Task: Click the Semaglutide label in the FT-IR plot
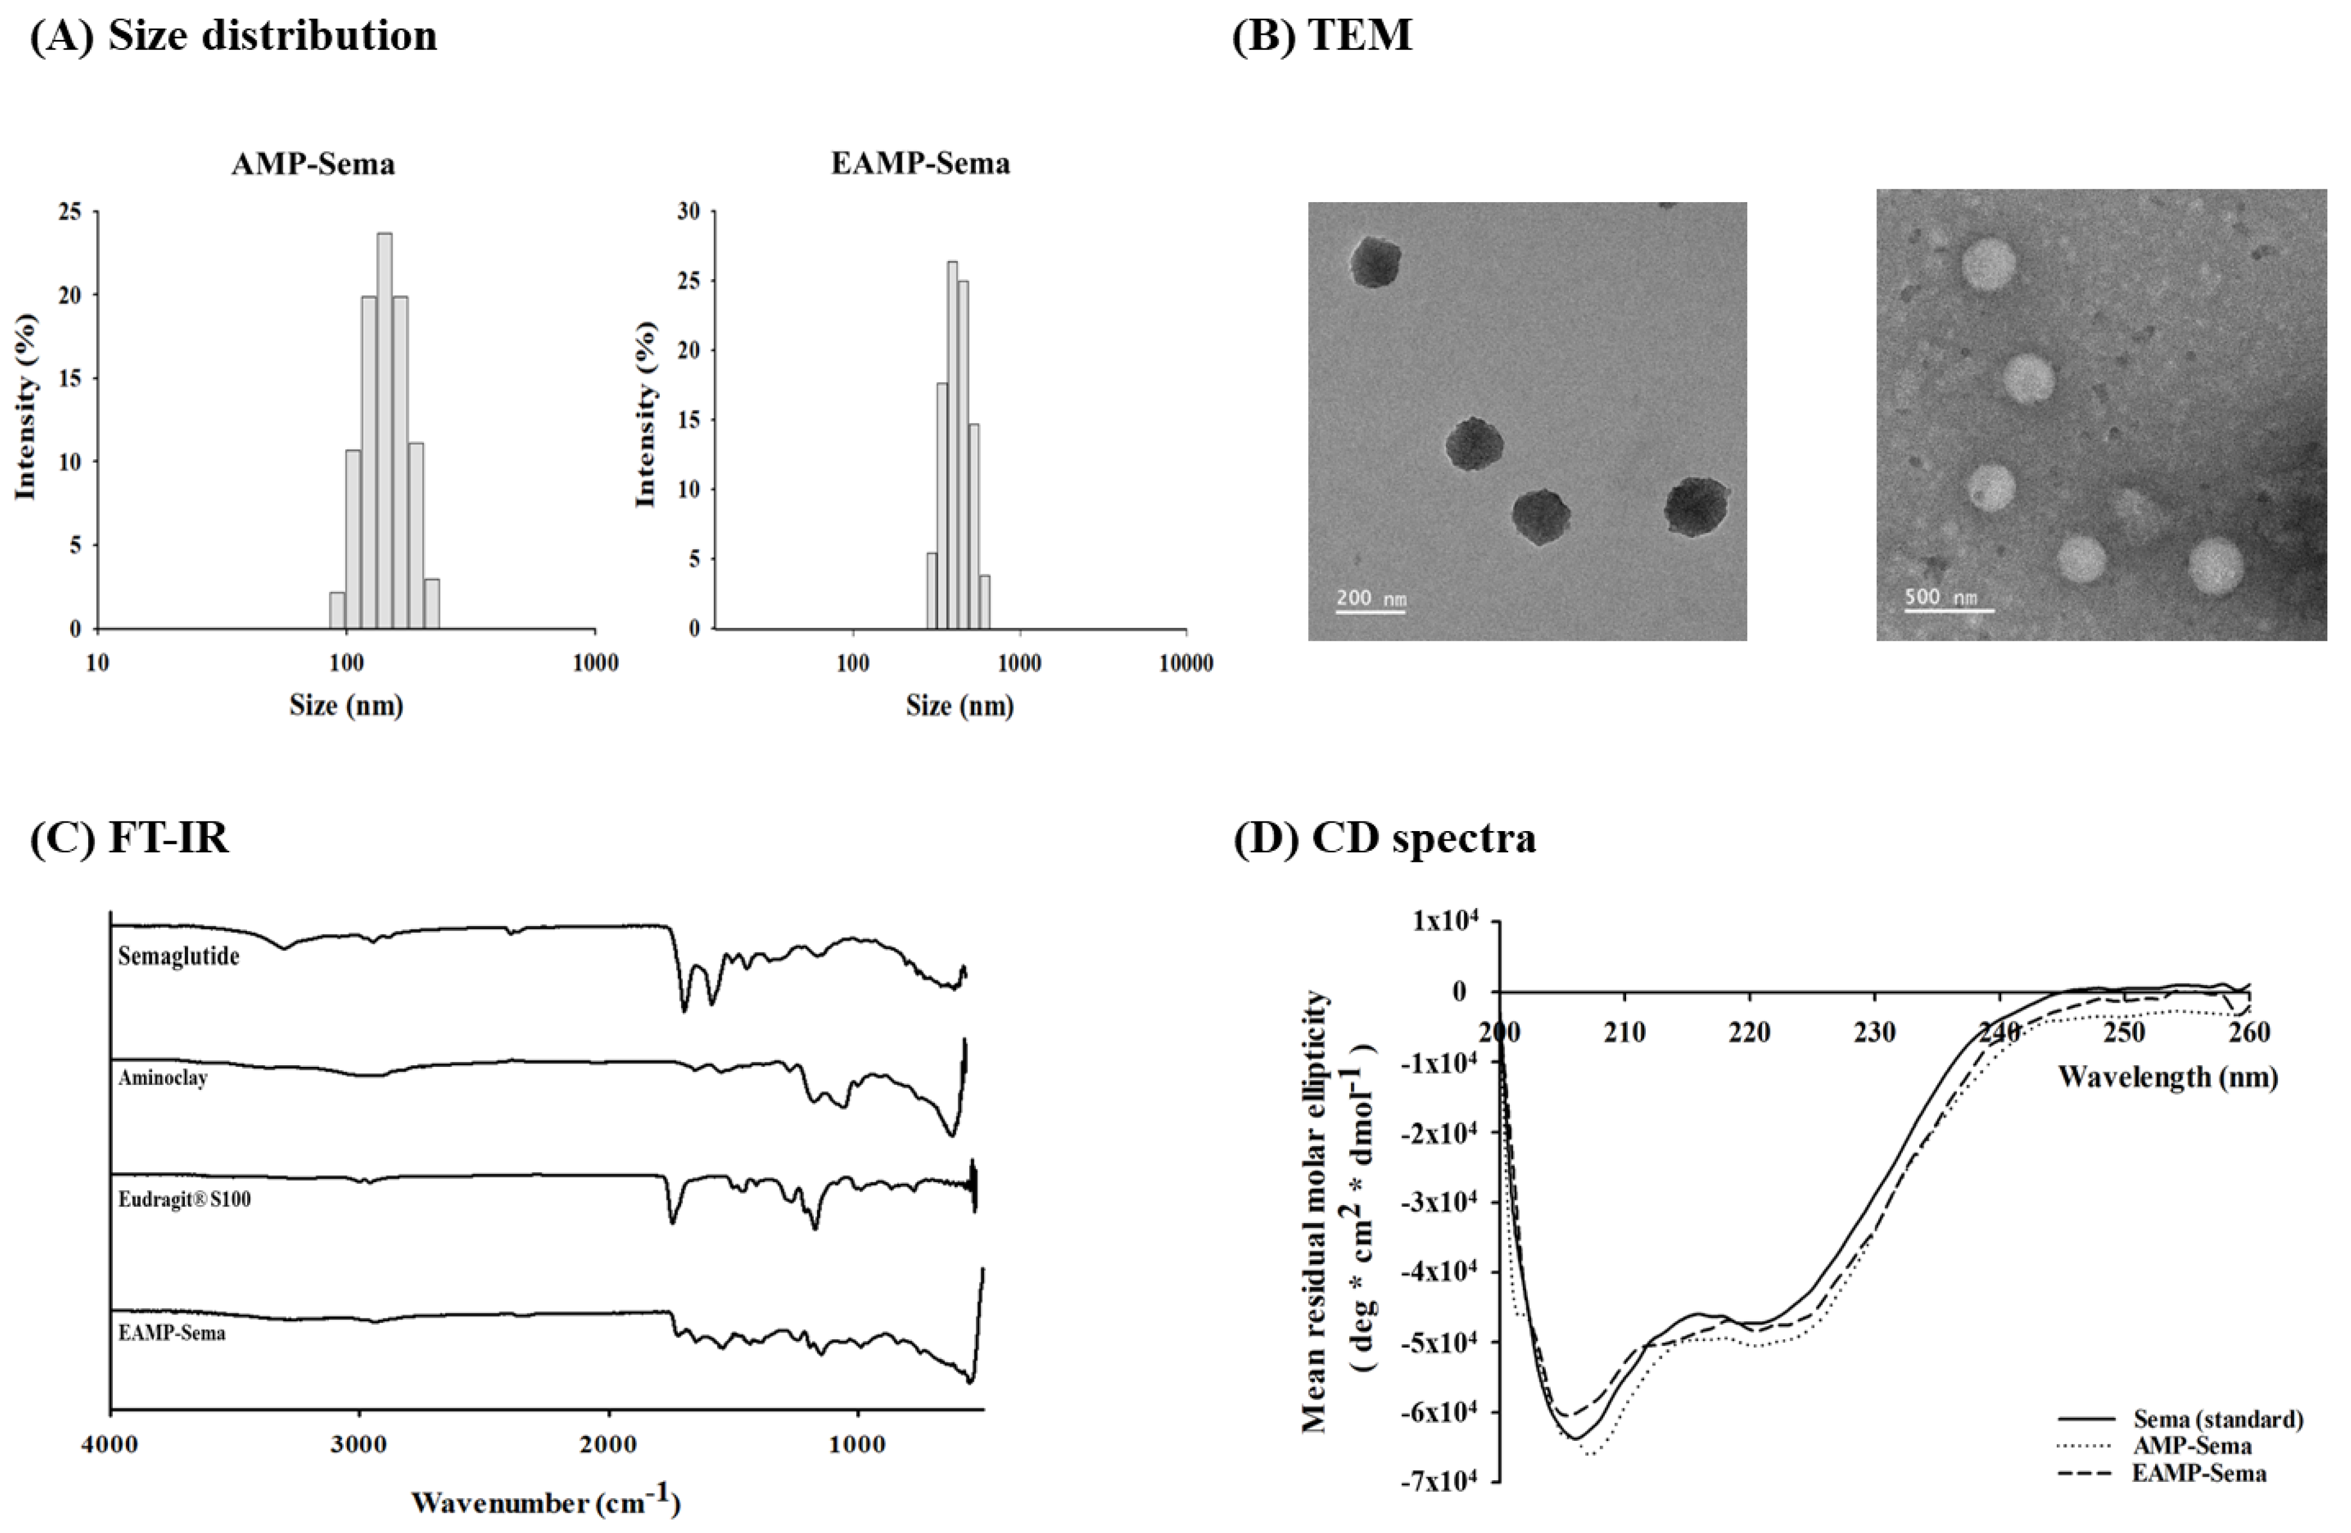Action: point(179,956)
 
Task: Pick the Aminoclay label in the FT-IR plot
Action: point(163,1078)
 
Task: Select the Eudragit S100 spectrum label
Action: point(185,1199)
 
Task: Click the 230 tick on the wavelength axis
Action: point(1874,1033)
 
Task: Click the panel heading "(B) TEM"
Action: point(1322,35)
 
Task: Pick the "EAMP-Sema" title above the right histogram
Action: point(920,163)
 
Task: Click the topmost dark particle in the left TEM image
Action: point(1374,262)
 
